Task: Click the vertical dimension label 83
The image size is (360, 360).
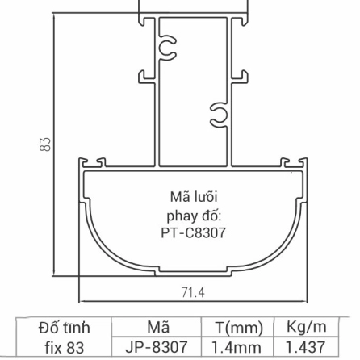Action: click(x=46, y=145)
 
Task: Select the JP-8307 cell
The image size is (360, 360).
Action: click(x=158, y=348)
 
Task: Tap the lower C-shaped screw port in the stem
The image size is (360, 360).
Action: click(x=217, y=115)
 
